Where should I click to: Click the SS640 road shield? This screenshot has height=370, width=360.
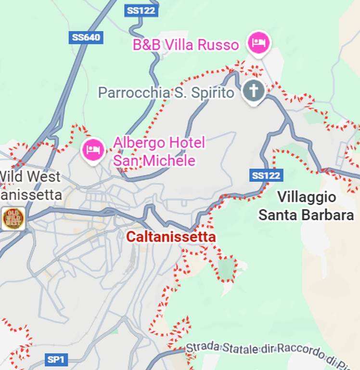(86, 38)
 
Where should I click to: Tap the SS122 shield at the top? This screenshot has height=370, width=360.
(141, 10)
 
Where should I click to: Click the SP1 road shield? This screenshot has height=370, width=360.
(57, 359)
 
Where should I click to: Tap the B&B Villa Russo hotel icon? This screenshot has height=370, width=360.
(259, 43)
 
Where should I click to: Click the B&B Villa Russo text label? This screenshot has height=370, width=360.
(186, 45)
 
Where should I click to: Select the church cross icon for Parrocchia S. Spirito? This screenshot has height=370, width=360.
(254, 91)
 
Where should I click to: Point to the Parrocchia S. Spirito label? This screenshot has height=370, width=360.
(166, 92)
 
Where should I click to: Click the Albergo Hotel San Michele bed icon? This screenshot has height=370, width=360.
(93, 150)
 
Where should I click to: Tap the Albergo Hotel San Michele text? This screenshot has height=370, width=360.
(159, 151)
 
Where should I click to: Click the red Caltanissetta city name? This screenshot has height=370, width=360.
(171, 237)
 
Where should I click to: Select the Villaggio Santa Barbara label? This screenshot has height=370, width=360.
(306, 206)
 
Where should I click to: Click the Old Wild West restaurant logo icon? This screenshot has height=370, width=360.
(13, 218)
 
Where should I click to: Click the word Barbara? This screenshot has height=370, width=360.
(332, 215)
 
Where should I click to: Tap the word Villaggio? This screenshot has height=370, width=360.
(307, 197)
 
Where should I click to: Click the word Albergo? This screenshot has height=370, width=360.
(135, 143)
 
